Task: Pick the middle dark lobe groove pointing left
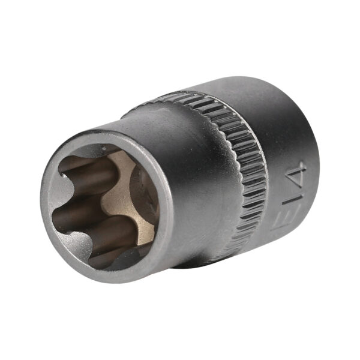pyautogui.click(x=78, y=214)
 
